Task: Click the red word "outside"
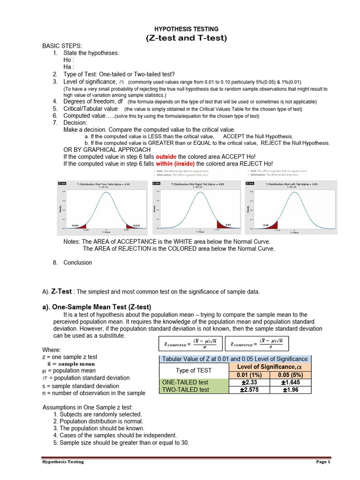[166, 157]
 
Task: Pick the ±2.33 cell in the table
[247, 382]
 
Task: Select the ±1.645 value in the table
[290, 382]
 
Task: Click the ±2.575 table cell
[247, 390]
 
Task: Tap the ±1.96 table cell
[290, 390]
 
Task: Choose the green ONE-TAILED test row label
[185, 382]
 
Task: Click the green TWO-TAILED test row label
[186, 390]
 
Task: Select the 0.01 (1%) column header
[247, 374]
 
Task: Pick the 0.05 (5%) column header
[290, 374]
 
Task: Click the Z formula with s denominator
[257, 344]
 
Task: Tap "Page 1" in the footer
[323, 462]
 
